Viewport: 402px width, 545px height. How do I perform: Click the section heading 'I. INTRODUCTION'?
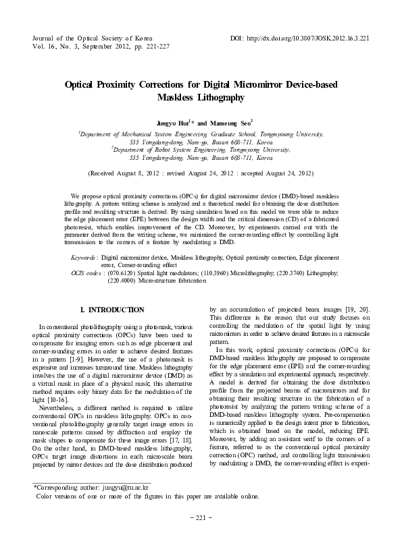pyautogui.click(x=112, y=310)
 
